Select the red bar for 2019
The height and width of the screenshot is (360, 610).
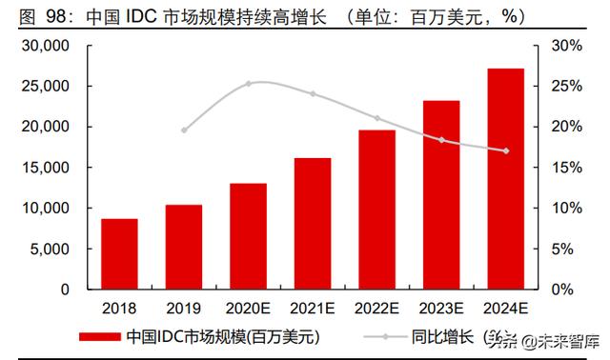tap(183, 247)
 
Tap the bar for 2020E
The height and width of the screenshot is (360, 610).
tap(248, 235)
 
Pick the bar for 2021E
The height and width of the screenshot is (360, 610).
tap(313, 223)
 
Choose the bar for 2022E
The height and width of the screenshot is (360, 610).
tap(376, 209)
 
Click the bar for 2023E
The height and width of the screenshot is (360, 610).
tap(441, 194)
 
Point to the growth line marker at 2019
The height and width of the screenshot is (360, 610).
tap(184, 130)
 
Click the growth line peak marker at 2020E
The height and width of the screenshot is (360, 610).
tap(248, 84)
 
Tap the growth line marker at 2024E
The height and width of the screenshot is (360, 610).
tap(506, 150)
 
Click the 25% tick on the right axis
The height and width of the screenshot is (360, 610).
tap(564, 87)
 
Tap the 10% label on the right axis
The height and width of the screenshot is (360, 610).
tap(564, 208)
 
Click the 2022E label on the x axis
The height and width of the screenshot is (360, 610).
tap(376, 309)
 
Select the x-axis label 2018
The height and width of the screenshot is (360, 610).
tap(119, 309)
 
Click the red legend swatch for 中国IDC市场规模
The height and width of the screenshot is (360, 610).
tap(99, 336)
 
